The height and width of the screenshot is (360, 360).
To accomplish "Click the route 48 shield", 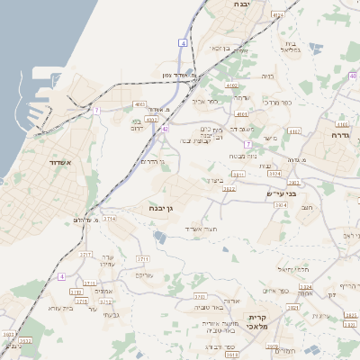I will point(353,76).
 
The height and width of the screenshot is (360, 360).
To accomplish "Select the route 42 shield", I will point(165,129).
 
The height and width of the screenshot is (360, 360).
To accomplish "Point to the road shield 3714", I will point(109,218).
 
